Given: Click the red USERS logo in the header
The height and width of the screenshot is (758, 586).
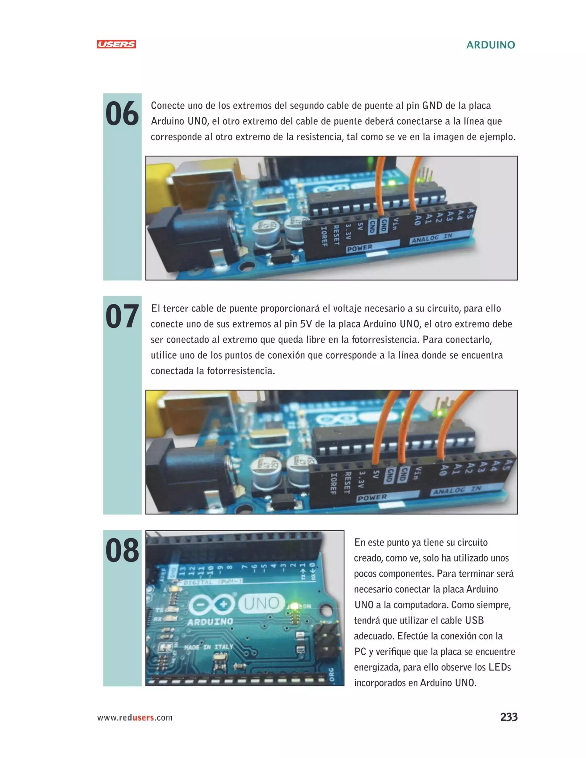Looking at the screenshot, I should (x=116, y=44).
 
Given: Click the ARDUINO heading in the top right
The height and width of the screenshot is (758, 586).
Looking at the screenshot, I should (x=490, y=45).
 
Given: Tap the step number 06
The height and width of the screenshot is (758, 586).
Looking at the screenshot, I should (x=122, y=114).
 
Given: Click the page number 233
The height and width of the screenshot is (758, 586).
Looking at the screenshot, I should (x=508, y=717).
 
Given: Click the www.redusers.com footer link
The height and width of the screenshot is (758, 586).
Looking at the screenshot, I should (x=135, y=717).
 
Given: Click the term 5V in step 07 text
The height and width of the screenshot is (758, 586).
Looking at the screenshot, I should (x=306, y=324).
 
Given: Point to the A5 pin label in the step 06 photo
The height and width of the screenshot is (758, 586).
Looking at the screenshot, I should (x=471, y=213).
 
